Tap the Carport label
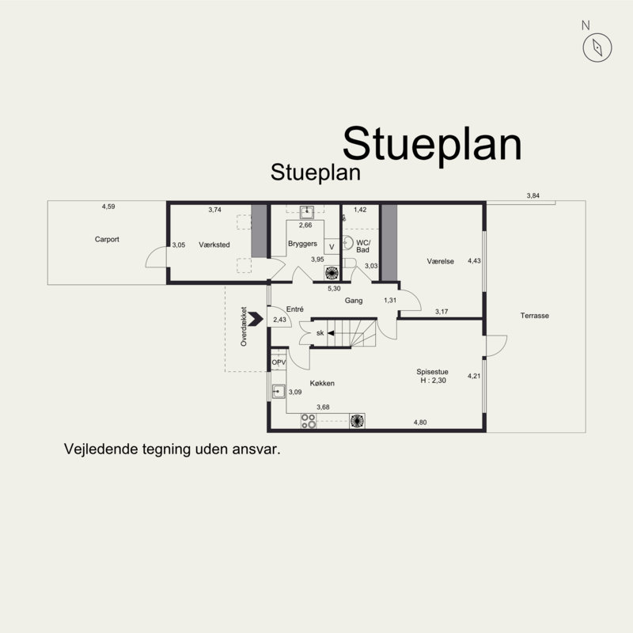(107, 239)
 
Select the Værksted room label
(214, 244)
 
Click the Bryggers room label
(302, 244)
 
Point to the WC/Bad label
(363, 246)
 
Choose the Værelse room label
(441, 261)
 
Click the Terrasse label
(535, 316)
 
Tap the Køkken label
(322, 383)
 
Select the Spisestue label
(432, 372)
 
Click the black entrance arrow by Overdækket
(256, 319)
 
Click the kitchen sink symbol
(279, 391)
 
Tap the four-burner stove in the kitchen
(309, 421)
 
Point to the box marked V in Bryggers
(332, 247)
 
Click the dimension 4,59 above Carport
(108, 207)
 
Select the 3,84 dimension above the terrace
(533, 195)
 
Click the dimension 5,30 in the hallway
(334, 289)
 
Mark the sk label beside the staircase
(320, 333)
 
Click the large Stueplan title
(432, 144)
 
